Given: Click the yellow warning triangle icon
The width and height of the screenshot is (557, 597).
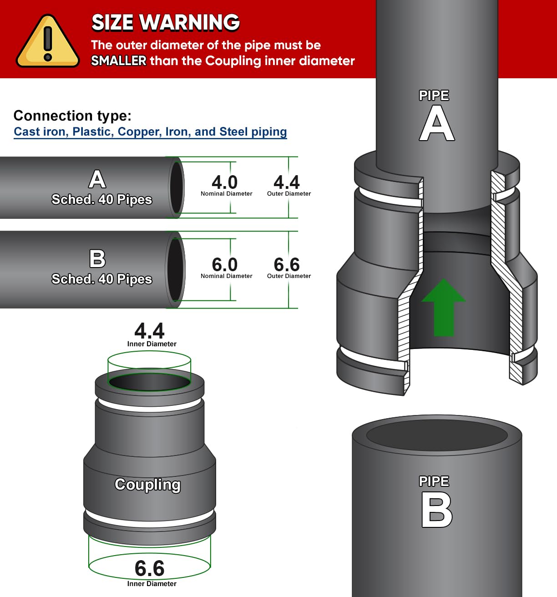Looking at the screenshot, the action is tap(47, 41).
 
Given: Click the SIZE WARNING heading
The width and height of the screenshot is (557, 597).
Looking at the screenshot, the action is tap(165, 23).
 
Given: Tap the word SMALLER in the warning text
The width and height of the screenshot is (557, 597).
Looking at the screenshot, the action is tap(119, 61).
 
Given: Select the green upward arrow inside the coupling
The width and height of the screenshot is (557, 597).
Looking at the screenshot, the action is tap(444, 308).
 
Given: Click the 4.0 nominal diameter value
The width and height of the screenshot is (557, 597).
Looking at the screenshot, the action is tap(224, 182).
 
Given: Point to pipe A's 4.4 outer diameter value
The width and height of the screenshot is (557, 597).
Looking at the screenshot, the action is tap(287, 182).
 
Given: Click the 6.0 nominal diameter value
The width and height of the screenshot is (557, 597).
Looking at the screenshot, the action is tap(224, 264).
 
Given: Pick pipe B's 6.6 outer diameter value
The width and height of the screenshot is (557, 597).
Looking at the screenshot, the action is tap(287, 264).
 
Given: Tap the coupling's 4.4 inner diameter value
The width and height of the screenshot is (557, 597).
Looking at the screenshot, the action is tap(149, 331).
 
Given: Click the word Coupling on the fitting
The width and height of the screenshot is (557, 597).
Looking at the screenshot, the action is tap(148, 485).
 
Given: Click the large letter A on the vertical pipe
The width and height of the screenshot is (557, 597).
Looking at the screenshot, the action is tap(437, 123).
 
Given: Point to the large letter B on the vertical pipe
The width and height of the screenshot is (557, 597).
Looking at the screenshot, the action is tap(436, 510).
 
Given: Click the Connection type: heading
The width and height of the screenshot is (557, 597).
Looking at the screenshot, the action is tap(72, 116).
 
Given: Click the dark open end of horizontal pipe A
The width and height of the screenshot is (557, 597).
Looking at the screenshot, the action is tap(177, 187).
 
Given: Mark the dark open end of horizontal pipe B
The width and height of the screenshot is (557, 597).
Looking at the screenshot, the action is tap(175, 269).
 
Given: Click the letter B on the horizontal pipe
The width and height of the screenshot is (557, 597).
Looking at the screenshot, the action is tap(97, 258).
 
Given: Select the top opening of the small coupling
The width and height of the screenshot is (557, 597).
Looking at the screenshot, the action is tap(150, 382).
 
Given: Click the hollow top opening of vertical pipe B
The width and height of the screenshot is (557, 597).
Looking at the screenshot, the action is tap(437, 435).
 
